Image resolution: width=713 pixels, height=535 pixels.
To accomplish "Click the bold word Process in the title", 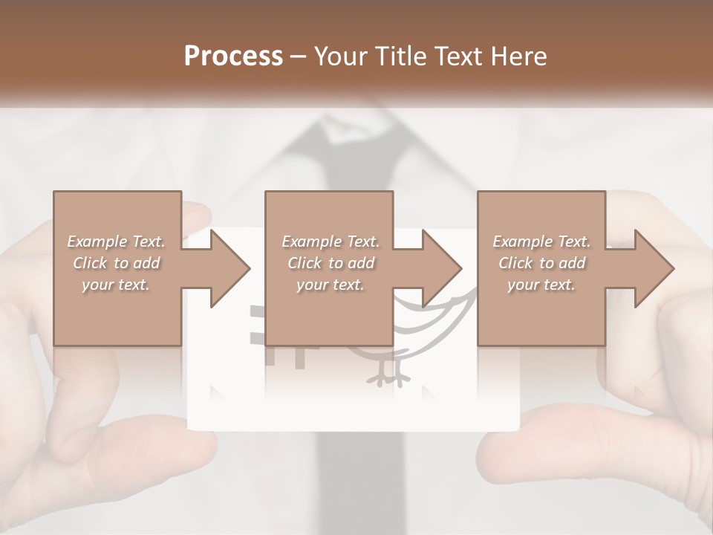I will (x=233, y=56).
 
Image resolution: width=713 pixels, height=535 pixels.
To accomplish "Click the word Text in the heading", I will (x=458, y=56).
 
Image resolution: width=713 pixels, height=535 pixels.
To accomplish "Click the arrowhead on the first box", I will (x=230, y=268).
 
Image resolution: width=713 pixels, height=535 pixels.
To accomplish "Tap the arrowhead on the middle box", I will (x=442, y=268).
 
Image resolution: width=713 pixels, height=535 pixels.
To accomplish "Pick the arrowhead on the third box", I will (x=654, y=268).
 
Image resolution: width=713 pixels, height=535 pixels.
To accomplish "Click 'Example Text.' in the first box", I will (x=116, y=241).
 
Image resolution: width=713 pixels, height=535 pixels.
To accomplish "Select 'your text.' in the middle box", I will (x=330, y=285).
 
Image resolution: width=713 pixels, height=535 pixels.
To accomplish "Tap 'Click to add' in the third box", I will (x=541, y=263).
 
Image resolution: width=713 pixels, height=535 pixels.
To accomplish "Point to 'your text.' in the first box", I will (x=115, y=285).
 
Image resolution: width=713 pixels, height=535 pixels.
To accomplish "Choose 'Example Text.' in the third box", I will (x=541, y=241).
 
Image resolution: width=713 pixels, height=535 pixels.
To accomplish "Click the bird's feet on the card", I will (x=388, y=376).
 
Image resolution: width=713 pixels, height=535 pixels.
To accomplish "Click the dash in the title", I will (x=299, y=56).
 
